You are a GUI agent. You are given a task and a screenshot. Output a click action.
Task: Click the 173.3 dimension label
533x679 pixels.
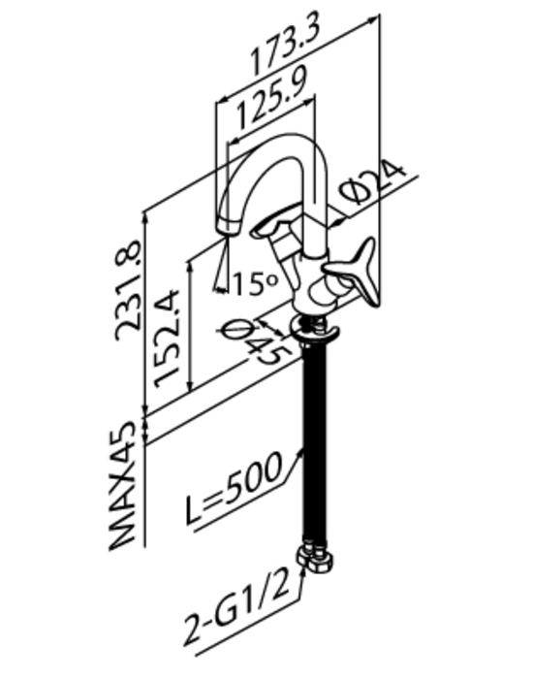coord(286,47)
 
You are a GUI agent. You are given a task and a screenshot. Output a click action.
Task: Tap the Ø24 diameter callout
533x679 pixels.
coord(373,182)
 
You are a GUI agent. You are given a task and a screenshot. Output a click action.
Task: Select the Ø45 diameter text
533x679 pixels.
coord(254,341)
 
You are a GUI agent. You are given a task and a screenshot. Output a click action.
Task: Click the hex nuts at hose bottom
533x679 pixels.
coord(315,560)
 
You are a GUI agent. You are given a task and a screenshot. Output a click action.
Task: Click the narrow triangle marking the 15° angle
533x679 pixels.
coord(222,263)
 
